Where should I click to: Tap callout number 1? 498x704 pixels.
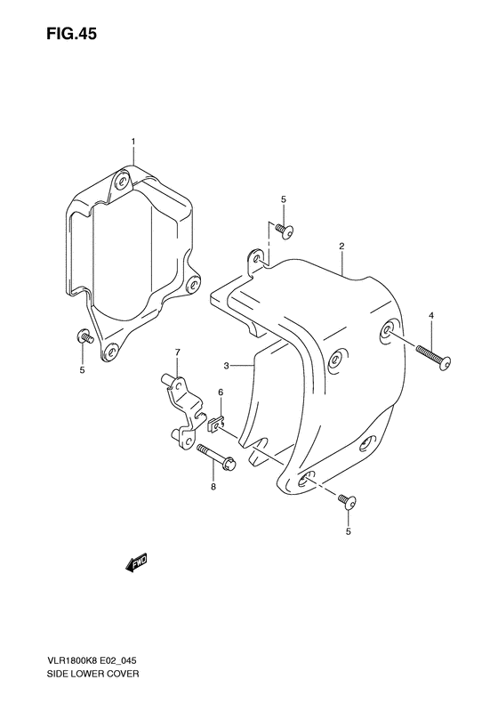(133, 142)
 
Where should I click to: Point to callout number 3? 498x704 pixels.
(227, 365)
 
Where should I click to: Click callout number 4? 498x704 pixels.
(430, 316)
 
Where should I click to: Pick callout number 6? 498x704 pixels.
(221, 392)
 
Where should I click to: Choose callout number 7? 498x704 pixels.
(177, 352)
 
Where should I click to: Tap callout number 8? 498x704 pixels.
(213, 486)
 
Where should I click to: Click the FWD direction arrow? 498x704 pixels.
(138, 563)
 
